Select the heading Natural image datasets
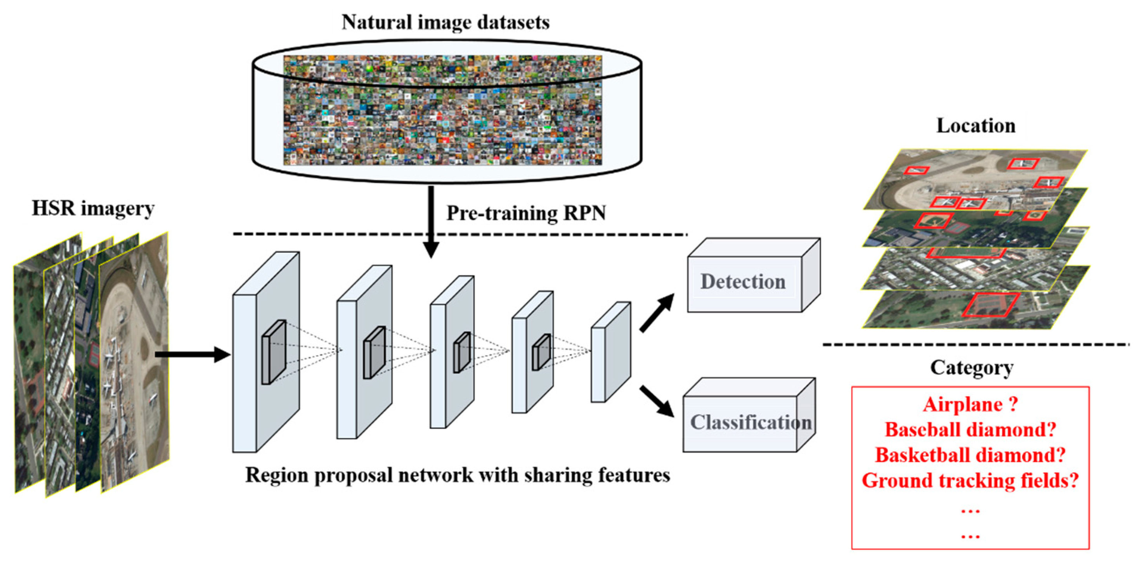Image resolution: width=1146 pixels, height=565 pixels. [445, 22]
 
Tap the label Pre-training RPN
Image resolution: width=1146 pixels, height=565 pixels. [526, 213]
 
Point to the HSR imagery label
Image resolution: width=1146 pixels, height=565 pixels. [93, 208]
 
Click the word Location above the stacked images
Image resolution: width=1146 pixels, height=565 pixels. [976, 126]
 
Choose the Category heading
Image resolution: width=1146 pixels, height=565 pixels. [972, 368]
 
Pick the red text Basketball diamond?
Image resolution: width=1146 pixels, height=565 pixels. [970, 455]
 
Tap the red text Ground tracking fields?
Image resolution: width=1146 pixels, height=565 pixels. [970, 480]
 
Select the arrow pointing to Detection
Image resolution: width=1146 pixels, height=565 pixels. [657, 313]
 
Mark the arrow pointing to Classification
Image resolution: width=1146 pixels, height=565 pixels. [657, 401]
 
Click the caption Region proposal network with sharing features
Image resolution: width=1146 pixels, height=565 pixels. [457, 475]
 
